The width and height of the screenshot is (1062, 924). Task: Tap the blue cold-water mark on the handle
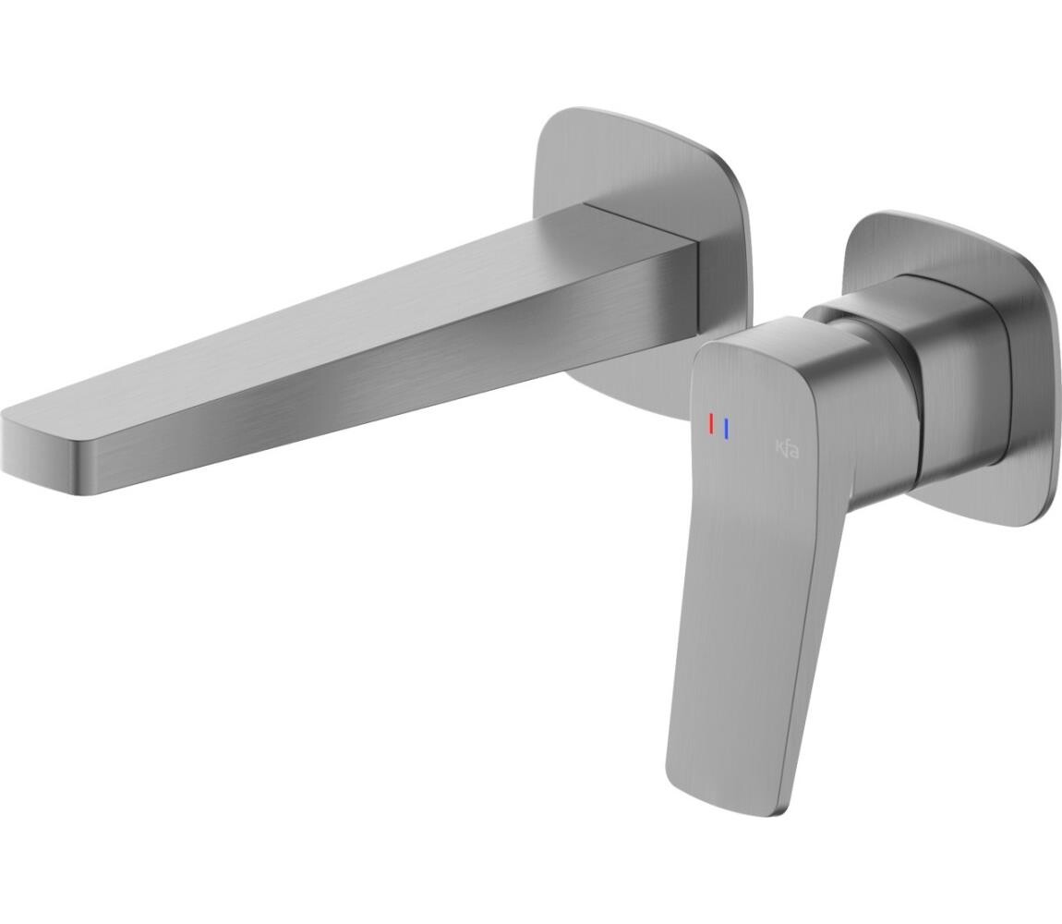point(726,429)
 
